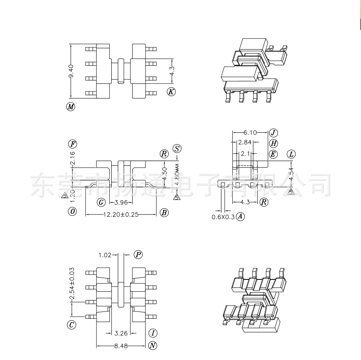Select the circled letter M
[x=71, y=107]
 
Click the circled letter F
[x=73, y=143]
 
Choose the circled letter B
[x=164, y=213]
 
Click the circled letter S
[x=177, y=149]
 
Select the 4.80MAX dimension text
[x=177, y=175]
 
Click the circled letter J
[x=273, y=132]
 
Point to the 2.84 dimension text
[x=245, y=143]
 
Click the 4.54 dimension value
[x=291, y=174]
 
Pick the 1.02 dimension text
[x=105, y=255]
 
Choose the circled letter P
[x=138, y=254]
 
